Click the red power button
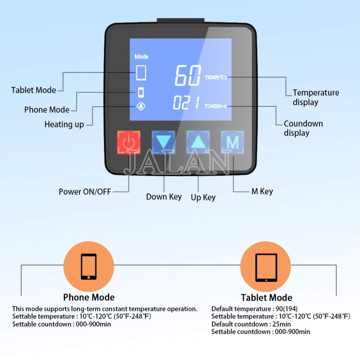point(129,142)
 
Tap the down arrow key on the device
point(163,142)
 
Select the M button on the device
point(232,142)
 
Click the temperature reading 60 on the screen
point(188,76)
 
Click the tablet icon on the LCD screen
point(141,72)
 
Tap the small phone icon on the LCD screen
point(141,93)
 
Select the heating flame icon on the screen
point(141,107)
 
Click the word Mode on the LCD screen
point(141,57)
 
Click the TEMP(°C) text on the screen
point(216,77)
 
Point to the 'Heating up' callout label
point(64,125)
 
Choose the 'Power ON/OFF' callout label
point(85,192)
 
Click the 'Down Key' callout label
point(164,197)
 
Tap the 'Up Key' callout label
point(203,197)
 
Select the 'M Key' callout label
point(262,192)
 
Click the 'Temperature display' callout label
point(315,98)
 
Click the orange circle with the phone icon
point(89,266)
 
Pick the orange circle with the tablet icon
point(266,267)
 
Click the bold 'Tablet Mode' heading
point(266,298)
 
